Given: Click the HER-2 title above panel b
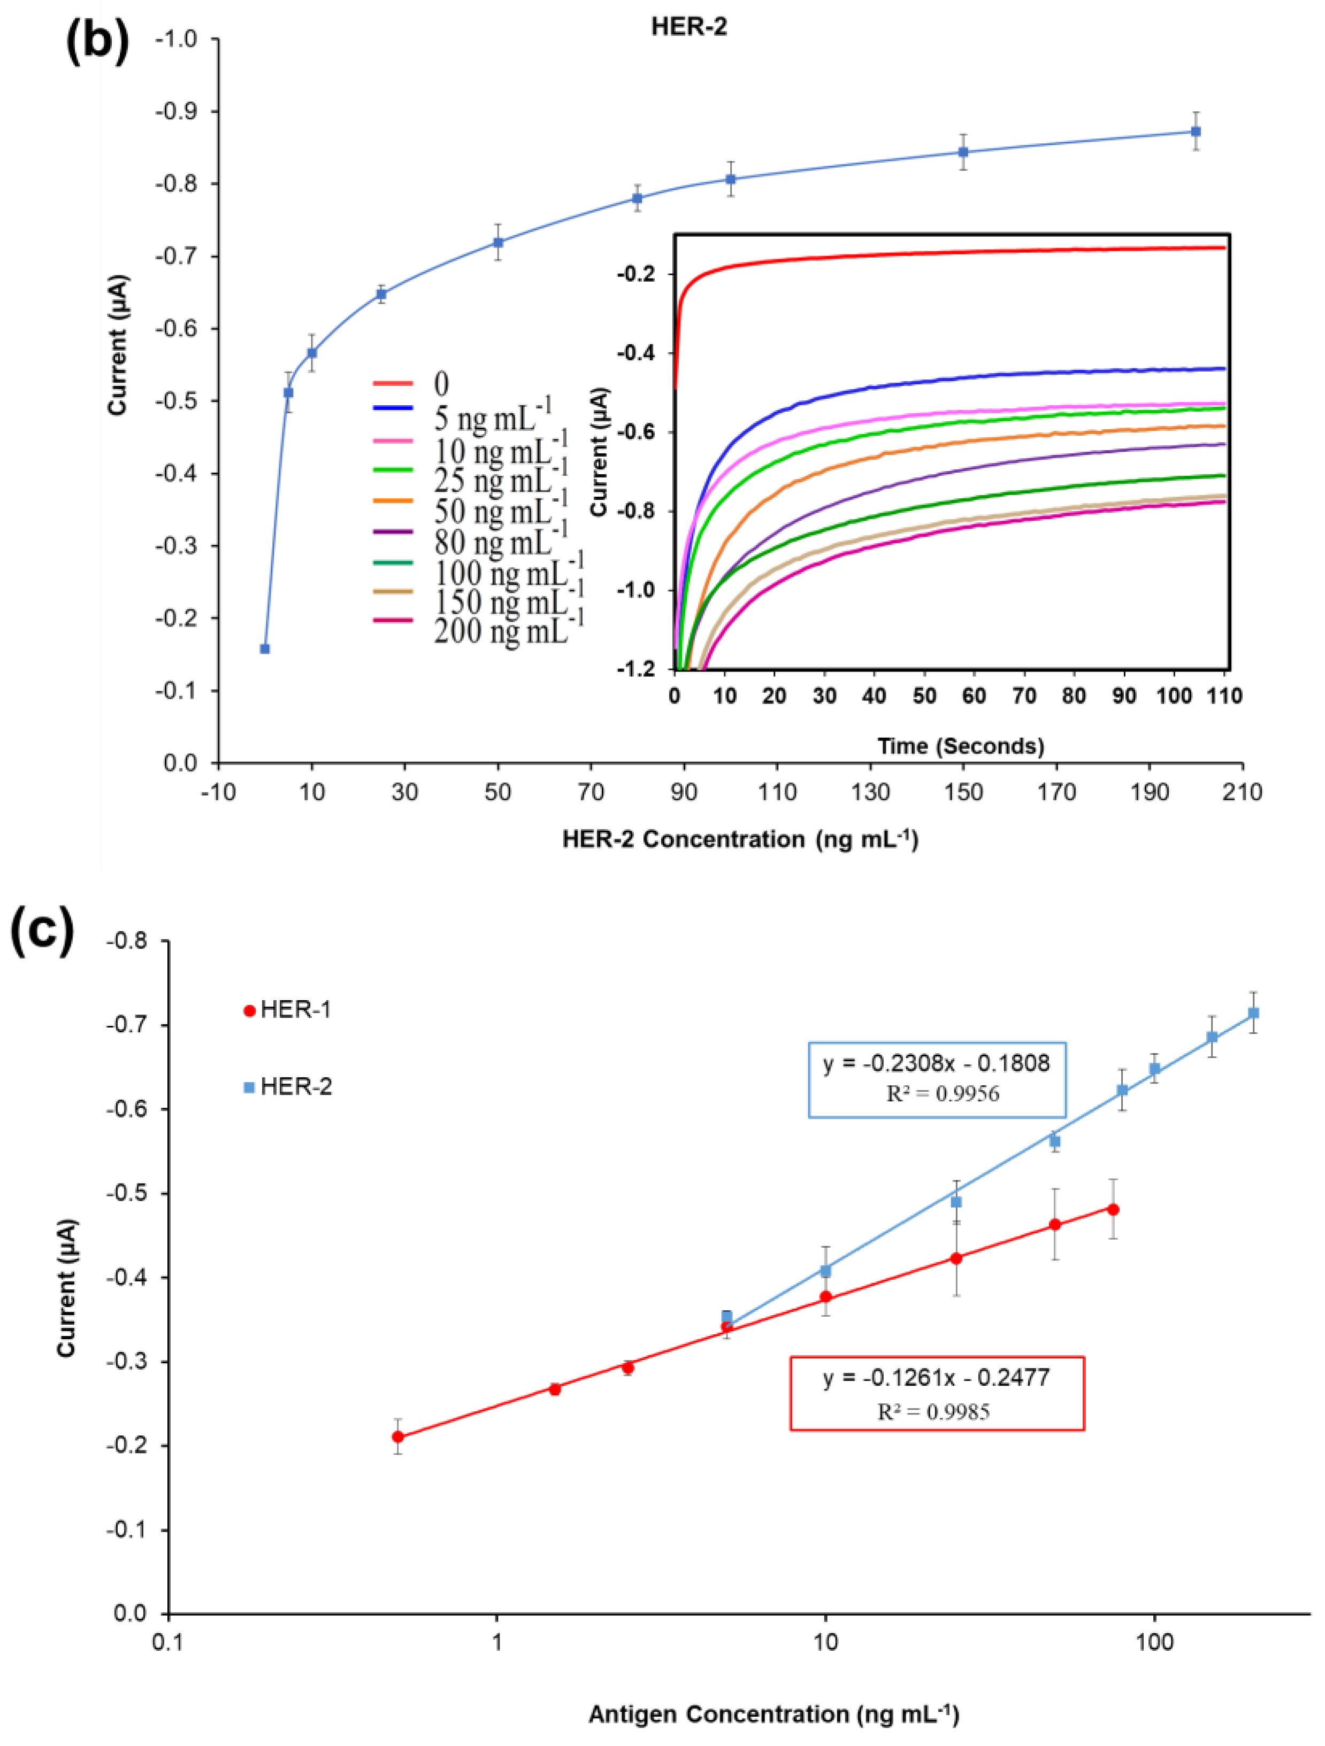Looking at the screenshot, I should pyautogui.click(x=688, y=27).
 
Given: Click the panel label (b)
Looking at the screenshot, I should pyautogui.click(x=97, y=41).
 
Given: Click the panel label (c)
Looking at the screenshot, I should pyautogui.click(x=43, y=931).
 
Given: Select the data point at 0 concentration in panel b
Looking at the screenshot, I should pyautogui.click(x=265, y=649).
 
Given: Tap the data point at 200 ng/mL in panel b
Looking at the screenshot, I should pyautogui.click(x=1196, y=131).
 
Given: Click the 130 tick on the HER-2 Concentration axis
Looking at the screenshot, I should pyautogui.click(x=870, y=792).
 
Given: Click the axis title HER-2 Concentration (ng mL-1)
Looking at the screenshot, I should pyautogui.click(x=740, y=839).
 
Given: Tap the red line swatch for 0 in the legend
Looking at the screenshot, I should pyautogui.click(x=393, y=384).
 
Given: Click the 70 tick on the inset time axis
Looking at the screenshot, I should pyautogui.click(x=1024, y=696).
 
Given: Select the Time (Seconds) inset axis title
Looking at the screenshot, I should pyautogui.click(x=960, y=746).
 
